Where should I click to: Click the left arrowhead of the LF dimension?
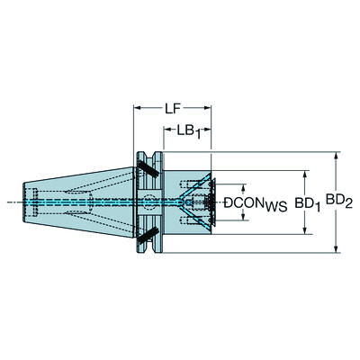[138, 109]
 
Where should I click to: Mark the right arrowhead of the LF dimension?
[212, 109]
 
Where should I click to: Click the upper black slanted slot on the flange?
[144, 166]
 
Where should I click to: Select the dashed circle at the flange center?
[147, 202]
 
